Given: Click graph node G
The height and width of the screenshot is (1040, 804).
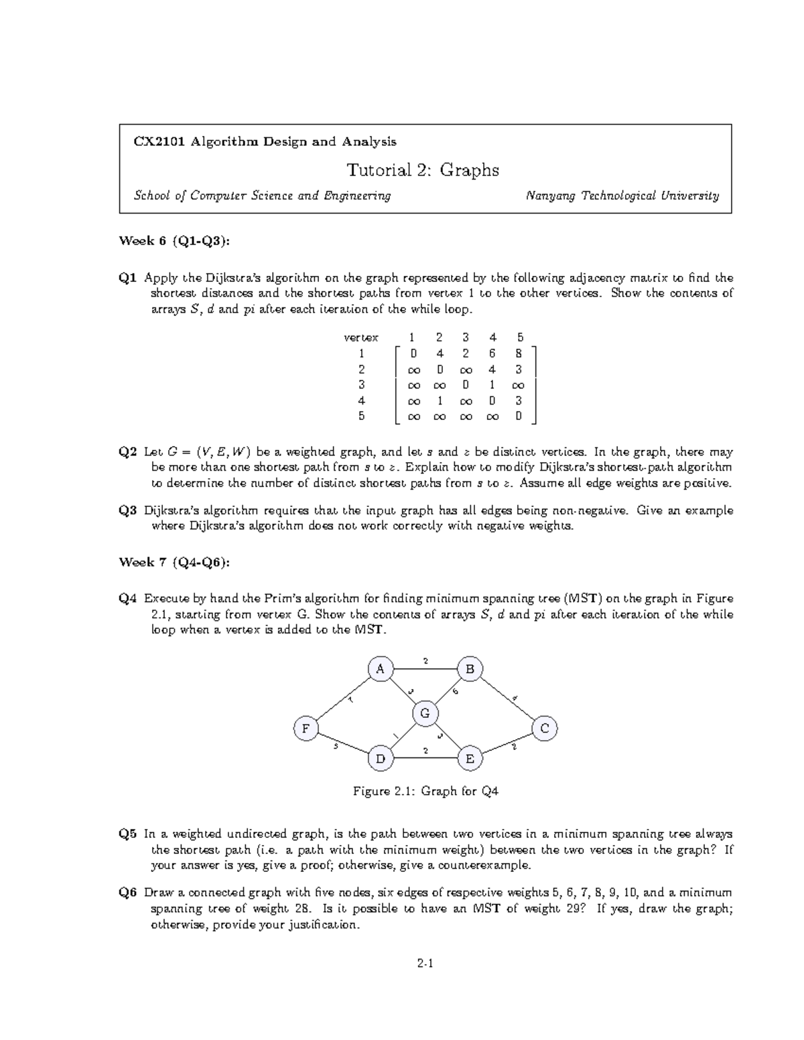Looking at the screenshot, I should click(x=425, y=713).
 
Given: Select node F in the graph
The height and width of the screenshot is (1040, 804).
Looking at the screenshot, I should click(x=306, y=729).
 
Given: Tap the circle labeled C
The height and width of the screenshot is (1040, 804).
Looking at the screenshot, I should click(x=544, y=728).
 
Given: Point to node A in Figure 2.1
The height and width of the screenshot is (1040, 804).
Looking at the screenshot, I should click(x=380, y=669).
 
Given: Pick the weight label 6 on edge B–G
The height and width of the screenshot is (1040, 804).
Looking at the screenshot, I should click(x=456, y=691).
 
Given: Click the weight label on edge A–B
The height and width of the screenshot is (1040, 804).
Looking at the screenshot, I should click(x=425, y=661).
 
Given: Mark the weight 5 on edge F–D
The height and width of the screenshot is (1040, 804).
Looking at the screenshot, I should click(x=336, y=747).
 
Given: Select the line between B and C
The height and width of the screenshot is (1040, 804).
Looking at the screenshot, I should click(x=507, y=698).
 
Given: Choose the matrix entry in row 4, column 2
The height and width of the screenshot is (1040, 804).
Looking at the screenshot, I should click(x=440, y=401).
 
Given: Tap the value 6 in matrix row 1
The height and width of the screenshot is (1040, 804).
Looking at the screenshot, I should click(x=492, y=354).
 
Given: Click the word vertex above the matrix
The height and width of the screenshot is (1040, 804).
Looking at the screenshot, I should click(x=360, y=338).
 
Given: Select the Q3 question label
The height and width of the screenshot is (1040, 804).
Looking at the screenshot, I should click(x=128, y=510).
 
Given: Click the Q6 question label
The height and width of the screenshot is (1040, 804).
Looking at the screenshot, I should click(x=128, y=893).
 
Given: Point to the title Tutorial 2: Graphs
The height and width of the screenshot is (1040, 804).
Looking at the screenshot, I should click(x=423, y=170).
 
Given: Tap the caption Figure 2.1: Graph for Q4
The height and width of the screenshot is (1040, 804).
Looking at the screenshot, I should click(x=425, y=792).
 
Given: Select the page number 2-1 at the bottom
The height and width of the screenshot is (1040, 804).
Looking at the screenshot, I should click(x=425, y=965).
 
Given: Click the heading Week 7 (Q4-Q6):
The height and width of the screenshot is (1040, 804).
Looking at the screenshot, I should click(x=174, y=562).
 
